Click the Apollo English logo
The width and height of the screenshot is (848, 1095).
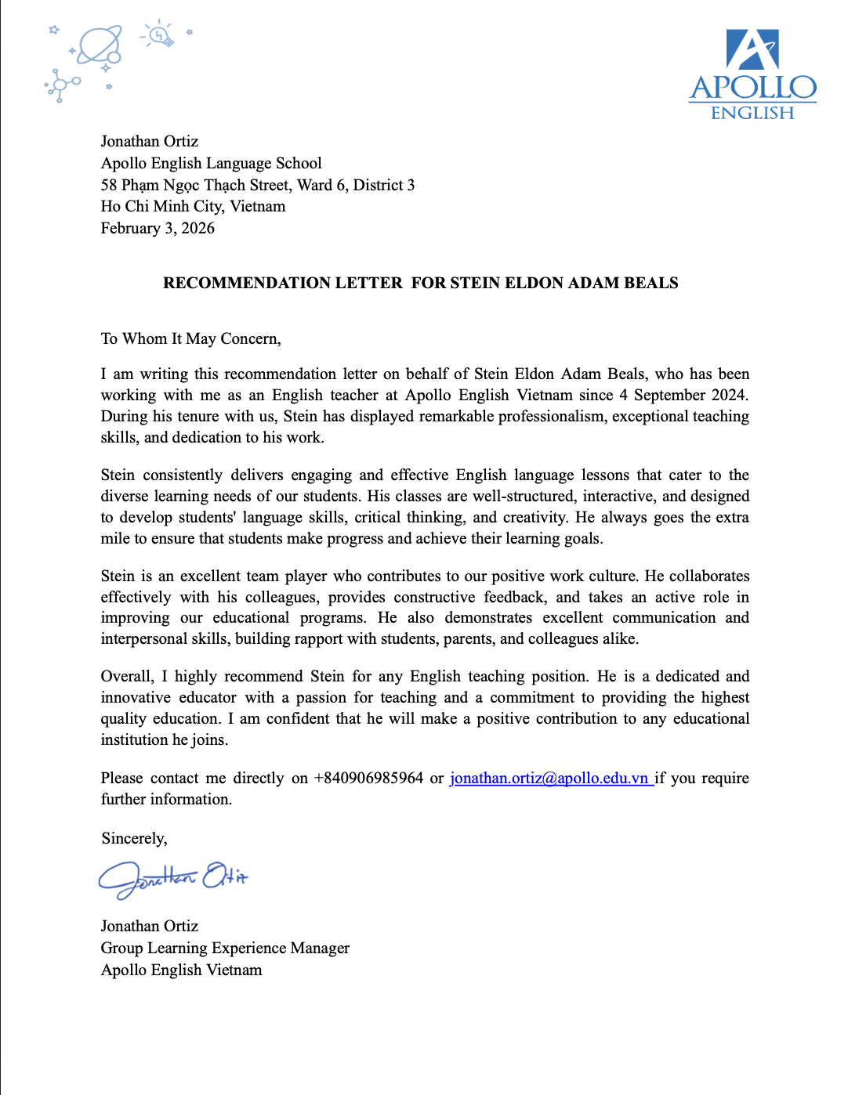pos(752,74)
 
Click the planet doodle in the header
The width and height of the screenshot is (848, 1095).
pos(100,45)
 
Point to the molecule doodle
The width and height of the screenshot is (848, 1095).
pos(60,85)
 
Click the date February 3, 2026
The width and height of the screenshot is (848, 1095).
pos(158,228)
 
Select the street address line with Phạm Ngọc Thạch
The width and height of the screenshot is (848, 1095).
pos(258,185)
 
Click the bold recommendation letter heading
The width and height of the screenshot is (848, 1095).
pos(421,283)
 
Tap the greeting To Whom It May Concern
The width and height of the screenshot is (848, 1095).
pos(190,338)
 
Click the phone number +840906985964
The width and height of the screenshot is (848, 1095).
pos(368,778)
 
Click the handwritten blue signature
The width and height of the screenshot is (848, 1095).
pos(172,877)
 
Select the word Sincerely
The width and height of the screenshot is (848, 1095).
pos(134,838)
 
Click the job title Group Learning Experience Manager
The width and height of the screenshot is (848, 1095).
pos(225,948)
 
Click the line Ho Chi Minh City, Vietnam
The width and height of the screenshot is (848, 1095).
pos(193,206)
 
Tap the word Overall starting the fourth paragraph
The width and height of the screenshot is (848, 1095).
pos(127,676)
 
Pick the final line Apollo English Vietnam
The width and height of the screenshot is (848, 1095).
pos(181,970)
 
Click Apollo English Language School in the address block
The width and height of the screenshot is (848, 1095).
pos(211,163)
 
